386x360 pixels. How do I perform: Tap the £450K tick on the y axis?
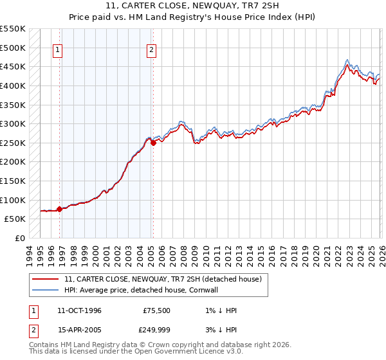13,67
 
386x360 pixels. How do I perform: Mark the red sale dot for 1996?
59,209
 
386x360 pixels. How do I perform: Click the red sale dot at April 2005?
153,143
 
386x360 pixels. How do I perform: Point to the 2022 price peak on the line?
347,63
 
